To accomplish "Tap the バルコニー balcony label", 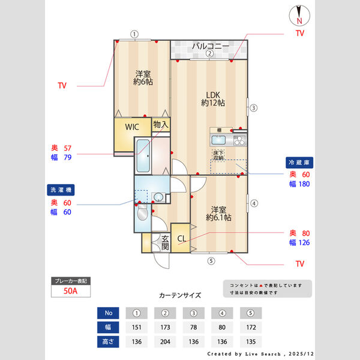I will click(210, 46).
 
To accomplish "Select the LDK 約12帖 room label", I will click(212, 98).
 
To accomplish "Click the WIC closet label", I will click(132, 127).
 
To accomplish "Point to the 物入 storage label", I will click(161, 124).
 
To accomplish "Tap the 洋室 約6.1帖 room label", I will click(218, 214).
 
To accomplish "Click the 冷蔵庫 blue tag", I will click(298, 163).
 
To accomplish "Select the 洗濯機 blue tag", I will click(61, 190).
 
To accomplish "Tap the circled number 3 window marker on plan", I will click(254, 108).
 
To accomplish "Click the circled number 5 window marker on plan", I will click(211, 260).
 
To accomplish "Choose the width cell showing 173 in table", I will click(166, 328).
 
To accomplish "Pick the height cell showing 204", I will click(166, 342).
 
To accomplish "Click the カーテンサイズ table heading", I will click(180, 295).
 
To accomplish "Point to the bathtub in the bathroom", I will click(143, 155).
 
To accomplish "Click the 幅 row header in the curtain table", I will click(109, 328).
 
